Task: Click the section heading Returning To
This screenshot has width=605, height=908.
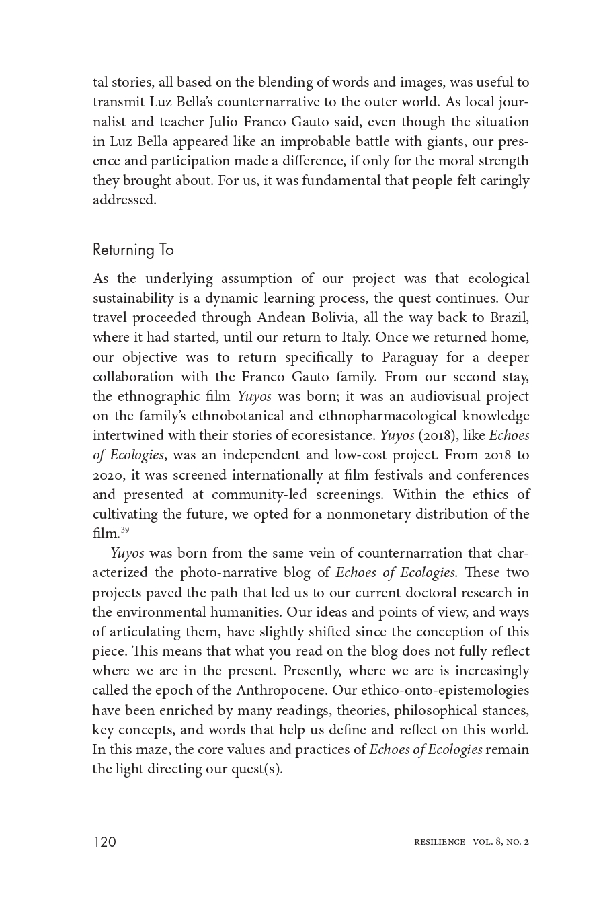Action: pyautogui.click(x=133, y=250)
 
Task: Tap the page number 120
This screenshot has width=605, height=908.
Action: pyautogui.click(x=105, y=842)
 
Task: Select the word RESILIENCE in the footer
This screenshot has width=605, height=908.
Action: pyautogui.click(x=440, y=842)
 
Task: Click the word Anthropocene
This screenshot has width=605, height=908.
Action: pyautogui.click(x=278, y=691)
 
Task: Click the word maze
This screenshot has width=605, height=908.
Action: pyautogui.click(x=156, y=749)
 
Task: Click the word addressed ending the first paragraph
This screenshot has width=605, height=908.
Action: pyautogui.click(x=124, y=200)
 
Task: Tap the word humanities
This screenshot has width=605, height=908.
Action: pyautogui.click(x=240, y=612)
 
